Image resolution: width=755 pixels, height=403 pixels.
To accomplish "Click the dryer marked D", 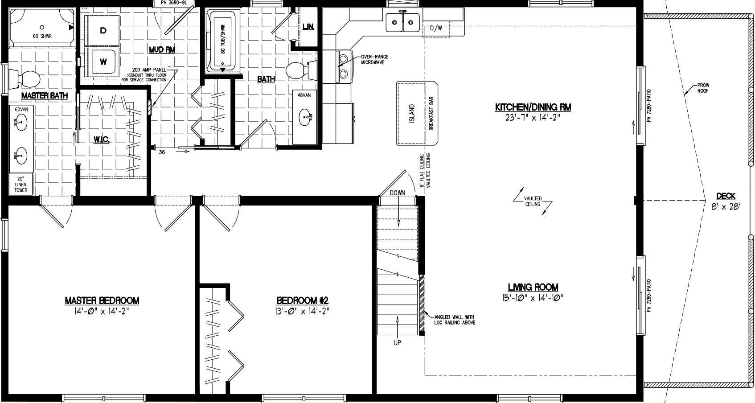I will pos(103,30).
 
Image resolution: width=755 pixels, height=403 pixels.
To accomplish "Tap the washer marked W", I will pos(103,62).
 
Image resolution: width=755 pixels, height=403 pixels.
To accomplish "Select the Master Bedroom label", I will pos(102,301).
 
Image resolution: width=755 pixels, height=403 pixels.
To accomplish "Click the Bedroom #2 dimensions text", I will pos(302,311).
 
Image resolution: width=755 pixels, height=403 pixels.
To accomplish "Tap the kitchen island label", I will pos(411,113).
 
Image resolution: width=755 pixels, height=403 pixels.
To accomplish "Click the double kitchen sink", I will pos(403,22).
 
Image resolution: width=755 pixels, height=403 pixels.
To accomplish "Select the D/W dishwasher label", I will pos(436,29).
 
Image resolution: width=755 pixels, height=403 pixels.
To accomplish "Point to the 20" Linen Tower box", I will pos(21,185).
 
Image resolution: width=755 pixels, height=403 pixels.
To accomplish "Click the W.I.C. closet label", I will pos(102,140).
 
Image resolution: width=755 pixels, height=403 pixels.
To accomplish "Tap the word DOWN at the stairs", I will pos(397,193).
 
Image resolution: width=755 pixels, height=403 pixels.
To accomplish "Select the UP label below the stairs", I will pos(397,342).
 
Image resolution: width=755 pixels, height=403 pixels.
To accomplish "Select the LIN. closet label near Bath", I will pos(308,27).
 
